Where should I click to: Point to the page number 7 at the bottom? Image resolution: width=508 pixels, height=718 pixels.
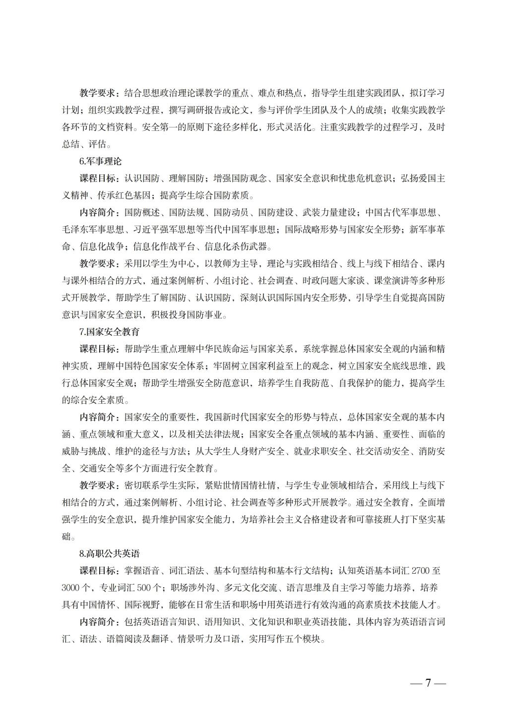coord(427,683)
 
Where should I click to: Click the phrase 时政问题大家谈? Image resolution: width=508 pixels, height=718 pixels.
coord(330,281)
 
